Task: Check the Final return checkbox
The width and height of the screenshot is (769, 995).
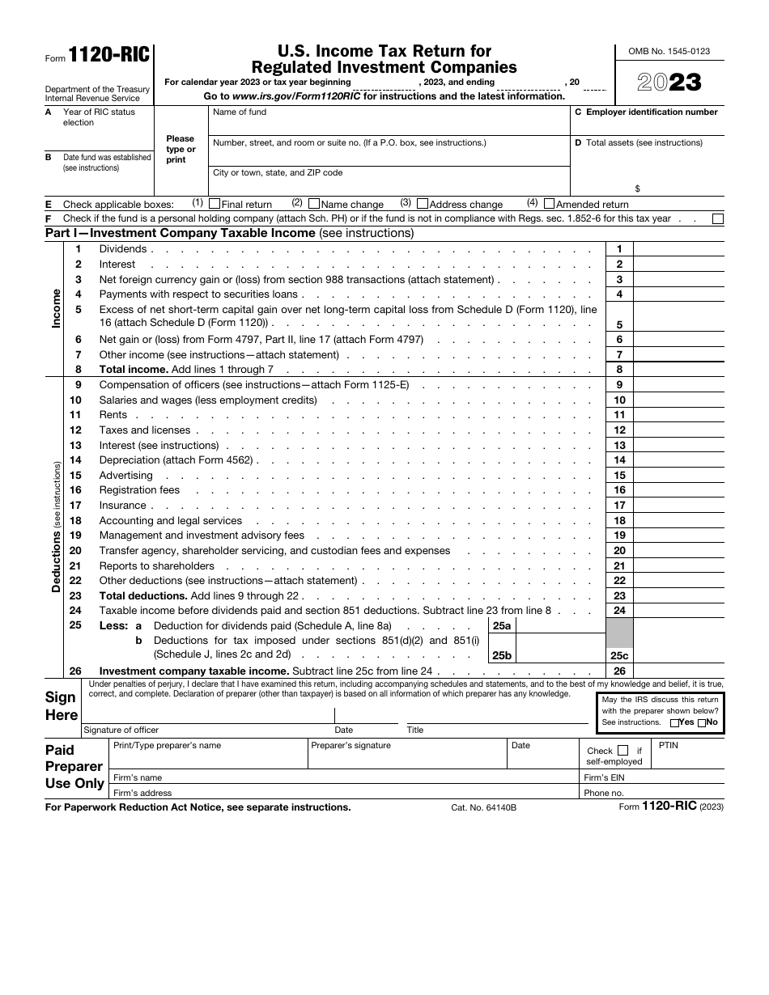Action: [x=215, y=204]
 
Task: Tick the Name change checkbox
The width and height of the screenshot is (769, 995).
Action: [x=315, y=204]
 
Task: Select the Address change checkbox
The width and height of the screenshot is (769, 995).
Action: [x=423, y=204]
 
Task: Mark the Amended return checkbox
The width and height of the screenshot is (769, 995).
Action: [x=550, y=204]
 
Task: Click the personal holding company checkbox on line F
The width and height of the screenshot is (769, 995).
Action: [x=717, y=218]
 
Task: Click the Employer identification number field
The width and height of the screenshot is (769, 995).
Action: [x=648, y=125]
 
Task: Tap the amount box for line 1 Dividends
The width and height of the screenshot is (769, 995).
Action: [x=678, y=249]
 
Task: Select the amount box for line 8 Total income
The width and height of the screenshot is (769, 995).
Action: [x=678, y=370]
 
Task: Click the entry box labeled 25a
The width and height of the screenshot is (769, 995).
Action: [x=559, y=626]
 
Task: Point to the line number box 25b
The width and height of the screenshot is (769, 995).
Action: [x=502, y=655]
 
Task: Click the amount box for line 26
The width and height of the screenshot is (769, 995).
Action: [x=678, y=671]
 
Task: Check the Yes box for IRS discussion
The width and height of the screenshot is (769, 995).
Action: [x=675, y=723]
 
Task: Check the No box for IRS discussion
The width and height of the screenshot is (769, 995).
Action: [x=702, y=723]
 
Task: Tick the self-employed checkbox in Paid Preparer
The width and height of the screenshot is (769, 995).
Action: [x=622, y=751]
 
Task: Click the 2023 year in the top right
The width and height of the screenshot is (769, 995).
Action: [x=669, y=83]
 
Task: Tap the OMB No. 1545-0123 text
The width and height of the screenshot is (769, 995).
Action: [x=669, y=51]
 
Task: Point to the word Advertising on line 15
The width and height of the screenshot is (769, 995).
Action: [x=125, y=476]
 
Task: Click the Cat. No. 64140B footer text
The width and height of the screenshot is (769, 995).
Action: [x=484, y=807]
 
